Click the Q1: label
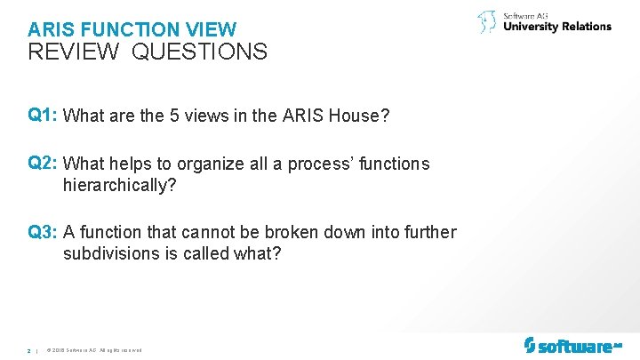coord(44,115)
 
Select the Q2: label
coord(44,164)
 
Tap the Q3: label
coord(44,232)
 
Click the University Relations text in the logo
coord(557,27)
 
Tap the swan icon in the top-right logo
coord(487,22)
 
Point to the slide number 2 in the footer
coord(29,351)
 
